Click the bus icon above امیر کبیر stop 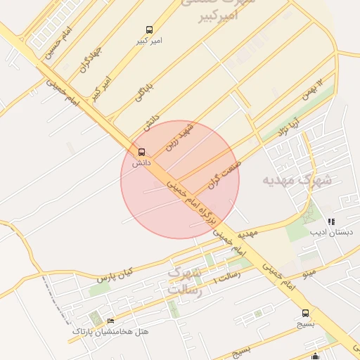click(x=149, y=30)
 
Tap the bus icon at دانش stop click(x=142, y=152)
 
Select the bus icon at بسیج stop click(x=305, y=313)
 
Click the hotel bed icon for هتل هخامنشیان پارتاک click(x=111, y=321)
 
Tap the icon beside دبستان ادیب click(x=332, y=221)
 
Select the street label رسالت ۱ click(x=226, y=275)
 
